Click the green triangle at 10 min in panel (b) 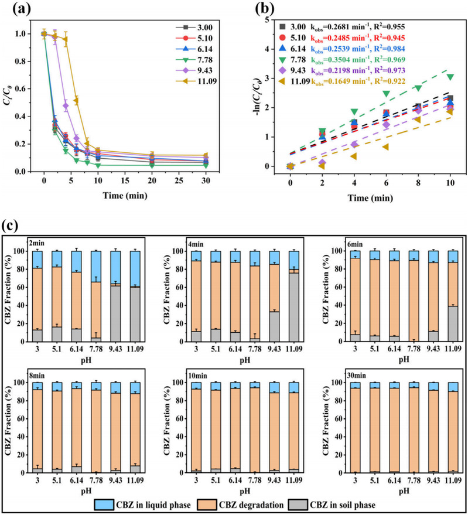[x=450, y=77]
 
